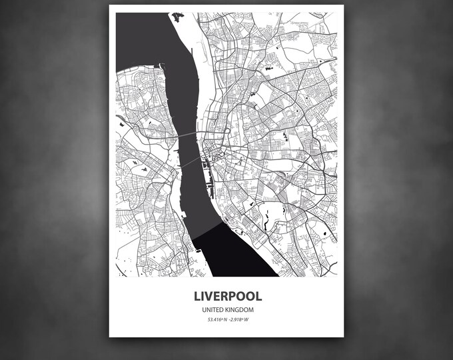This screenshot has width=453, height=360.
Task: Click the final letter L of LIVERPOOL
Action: (x=258, y=295)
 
